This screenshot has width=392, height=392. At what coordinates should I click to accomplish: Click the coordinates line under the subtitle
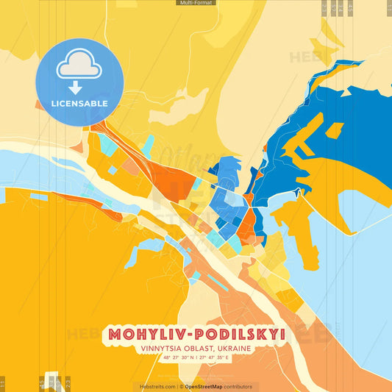tap(196, 358)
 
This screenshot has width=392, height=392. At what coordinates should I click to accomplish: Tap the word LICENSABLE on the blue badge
tap(79, 103)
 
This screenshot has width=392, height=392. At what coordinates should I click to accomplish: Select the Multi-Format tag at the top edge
tap(196, 3)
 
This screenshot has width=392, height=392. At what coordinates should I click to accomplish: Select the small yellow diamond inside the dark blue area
tap(334, 130)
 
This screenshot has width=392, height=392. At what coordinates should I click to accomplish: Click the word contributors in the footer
tap(239, 387)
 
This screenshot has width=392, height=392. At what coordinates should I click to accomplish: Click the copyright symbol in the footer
tap(181, 387)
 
